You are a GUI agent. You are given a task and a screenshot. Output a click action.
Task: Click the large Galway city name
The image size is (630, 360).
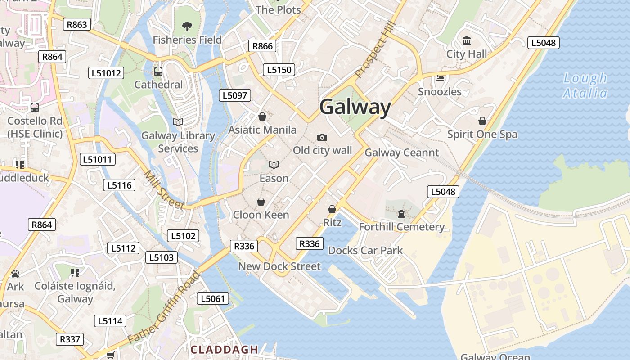click(x=355, y=108)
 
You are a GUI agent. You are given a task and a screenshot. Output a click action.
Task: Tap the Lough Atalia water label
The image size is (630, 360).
click(x=585, y=85)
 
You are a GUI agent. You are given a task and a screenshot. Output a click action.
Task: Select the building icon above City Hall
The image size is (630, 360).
click(x=467, y=41)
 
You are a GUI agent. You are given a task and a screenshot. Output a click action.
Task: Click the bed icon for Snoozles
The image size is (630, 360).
click(x=440, y=79)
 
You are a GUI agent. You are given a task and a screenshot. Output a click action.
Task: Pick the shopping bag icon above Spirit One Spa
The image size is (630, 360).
click(x=482, y=121)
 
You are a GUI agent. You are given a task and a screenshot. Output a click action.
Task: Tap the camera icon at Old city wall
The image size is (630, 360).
click(x=322, y=137)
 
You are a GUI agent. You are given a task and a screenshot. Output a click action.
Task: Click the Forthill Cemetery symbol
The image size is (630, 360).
click(x=401, y=214)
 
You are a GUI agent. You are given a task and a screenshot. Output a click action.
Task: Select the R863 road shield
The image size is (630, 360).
click(x=77, y=24)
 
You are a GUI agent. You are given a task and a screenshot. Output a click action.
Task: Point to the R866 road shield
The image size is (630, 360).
click(x=262, y=46)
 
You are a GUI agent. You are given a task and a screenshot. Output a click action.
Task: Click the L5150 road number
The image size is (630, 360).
click(x=279, y=70)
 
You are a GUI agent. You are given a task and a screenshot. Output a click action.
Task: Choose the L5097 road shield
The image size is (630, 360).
click(x=234, y=95)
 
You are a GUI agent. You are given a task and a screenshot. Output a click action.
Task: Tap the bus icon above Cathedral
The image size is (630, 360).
click(x=158, y=71)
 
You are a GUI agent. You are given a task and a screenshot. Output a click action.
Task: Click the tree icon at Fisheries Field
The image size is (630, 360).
click(x=187, y=27)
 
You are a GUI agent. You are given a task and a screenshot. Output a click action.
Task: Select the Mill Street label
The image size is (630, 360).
click(x=164, y=190)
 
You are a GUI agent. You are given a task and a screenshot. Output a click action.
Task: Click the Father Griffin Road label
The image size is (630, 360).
click(x=164, y=307)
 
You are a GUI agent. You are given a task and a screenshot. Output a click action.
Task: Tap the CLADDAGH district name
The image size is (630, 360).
click(x=225, y=350)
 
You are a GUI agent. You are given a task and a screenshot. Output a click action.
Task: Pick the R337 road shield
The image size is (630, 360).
click(x=70, y=339)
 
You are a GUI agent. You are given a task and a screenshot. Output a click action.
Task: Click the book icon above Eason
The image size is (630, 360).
click(x=274, y=165)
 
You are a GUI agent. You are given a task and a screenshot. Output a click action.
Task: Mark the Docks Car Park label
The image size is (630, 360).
click(x=365, y=250)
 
